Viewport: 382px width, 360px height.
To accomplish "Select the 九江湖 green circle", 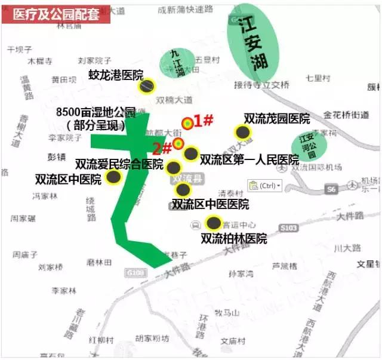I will (174, 62).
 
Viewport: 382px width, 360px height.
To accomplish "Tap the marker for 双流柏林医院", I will (212, 224).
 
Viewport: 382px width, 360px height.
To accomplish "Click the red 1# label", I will (204, 120).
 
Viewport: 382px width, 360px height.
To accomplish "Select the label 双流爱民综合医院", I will (119, 164).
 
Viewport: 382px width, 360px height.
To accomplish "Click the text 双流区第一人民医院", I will (249, 159).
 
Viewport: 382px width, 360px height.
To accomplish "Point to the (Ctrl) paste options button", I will (264, 186).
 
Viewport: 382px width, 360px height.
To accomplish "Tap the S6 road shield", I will (331, 189).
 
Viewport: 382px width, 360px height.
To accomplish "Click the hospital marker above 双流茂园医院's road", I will (242, 133).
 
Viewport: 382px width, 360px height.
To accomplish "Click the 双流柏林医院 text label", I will (233, 239).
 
